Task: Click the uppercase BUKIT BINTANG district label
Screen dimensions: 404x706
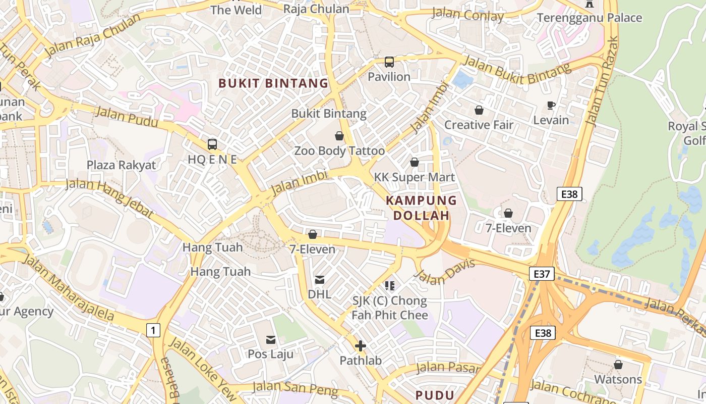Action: click(x=273, y=83)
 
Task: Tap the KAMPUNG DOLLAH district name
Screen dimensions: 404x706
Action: click(x=421, y=208)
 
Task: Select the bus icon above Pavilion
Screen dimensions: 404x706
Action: click(x=389, y=62)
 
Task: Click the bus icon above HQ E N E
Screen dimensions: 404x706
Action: click(x=212, y=144)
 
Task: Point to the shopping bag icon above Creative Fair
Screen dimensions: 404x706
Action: click(x=479, y=110)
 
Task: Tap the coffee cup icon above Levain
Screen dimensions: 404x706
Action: click(x=551, y=106)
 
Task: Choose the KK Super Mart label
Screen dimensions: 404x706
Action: click(x=415, y=177)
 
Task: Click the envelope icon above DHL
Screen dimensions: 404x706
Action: click(x=319, y=280)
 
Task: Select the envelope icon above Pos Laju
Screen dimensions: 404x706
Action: click(x=271, y=340)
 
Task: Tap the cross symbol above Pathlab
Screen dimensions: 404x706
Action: click(x=360, y=346)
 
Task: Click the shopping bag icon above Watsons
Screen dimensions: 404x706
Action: click(x=618, y=365)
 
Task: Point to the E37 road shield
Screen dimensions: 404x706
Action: click(x=542, y=274)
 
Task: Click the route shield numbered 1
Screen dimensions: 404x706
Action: click(x=153, y=331)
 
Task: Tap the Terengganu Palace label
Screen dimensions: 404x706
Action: click(x=590, y=18)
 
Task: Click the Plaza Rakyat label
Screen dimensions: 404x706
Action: click(x=122, y=165)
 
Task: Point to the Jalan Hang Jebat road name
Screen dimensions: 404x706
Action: click(x=109, y=197)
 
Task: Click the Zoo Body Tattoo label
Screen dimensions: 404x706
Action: click(x=339, y=150)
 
